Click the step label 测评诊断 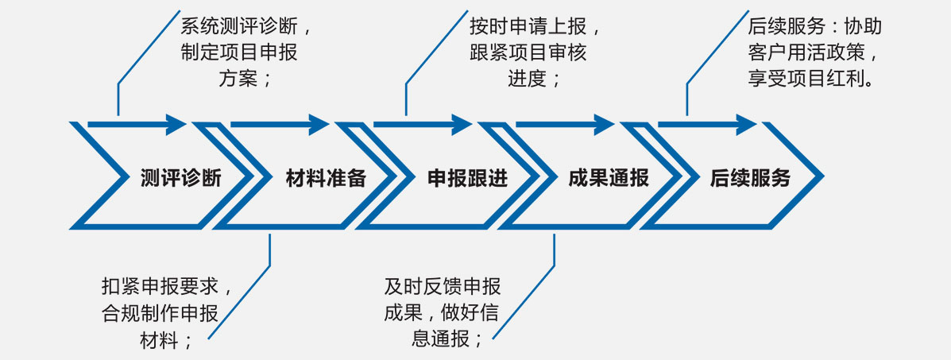(180, 178)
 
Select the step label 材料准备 (326, 178)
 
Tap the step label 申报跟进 (468, 178)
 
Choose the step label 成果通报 (609, 178)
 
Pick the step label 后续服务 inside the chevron (751, 178)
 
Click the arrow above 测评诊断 (137, 124)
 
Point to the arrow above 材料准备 (280, 124)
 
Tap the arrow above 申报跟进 (423, 124)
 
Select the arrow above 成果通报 (565, 124)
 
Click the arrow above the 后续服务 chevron (707, 124)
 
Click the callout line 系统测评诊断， (246, 26)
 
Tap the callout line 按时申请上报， (535, 26)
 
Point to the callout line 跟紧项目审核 (528, 52)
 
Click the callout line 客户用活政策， (814, 52)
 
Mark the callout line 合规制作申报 (160, 312)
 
